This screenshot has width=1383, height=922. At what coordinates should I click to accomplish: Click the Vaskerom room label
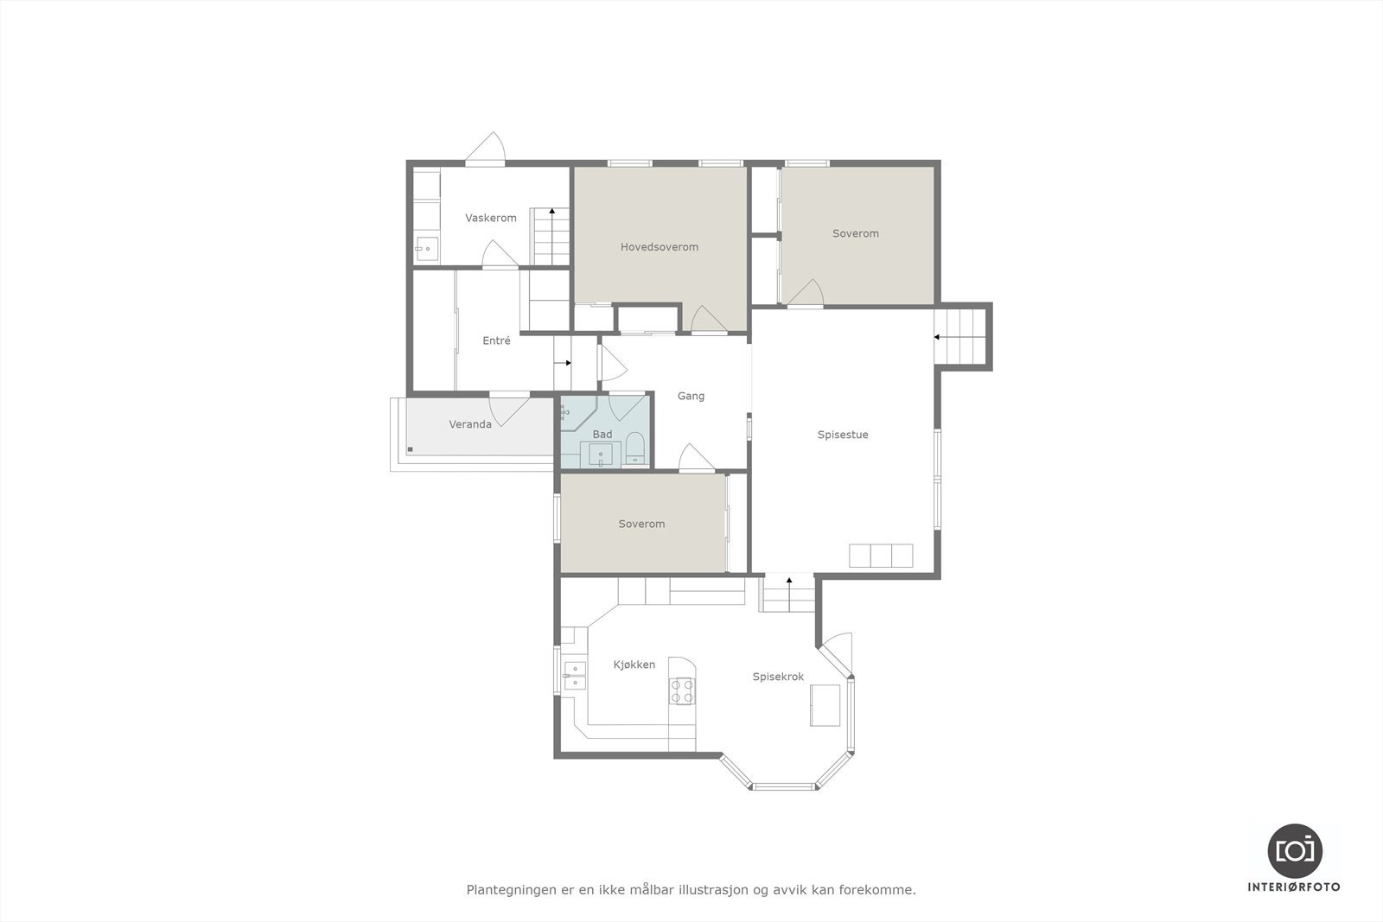point(490,218)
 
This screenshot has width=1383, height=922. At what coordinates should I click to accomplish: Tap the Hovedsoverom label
point(659,247)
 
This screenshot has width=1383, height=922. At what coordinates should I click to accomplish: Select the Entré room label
point(496,341)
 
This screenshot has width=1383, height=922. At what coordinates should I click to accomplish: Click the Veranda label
point(470,424)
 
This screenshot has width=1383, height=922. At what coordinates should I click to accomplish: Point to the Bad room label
point(602,435)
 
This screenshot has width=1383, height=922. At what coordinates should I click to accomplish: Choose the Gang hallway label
point(691,397)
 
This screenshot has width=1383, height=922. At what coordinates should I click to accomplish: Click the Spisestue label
point(843,435)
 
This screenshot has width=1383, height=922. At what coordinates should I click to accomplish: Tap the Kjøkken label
point(634,664)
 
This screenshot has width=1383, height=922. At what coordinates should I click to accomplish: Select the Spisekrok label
point(778,677)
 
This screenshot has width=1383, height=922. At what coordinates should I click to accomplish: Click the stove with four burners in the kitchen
point(682,691)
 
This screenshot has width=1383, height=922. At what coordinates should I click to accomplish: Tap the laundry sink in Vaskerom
point(426,249)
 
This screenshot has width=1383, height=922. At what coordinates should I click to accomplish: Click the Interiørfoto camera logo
point(1294,850)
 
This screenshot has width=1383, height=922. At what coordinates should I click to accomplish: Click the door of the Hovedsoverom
point(709,321)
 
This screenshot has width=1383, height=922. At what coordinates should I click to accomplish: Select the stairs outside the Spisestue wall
point(961,337)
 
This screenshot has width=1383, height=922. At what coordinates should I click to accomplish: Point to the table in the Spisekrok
point(825,705)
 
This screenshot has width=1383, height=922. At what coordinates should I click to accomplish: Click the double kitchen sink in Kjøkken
point(573,675)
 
